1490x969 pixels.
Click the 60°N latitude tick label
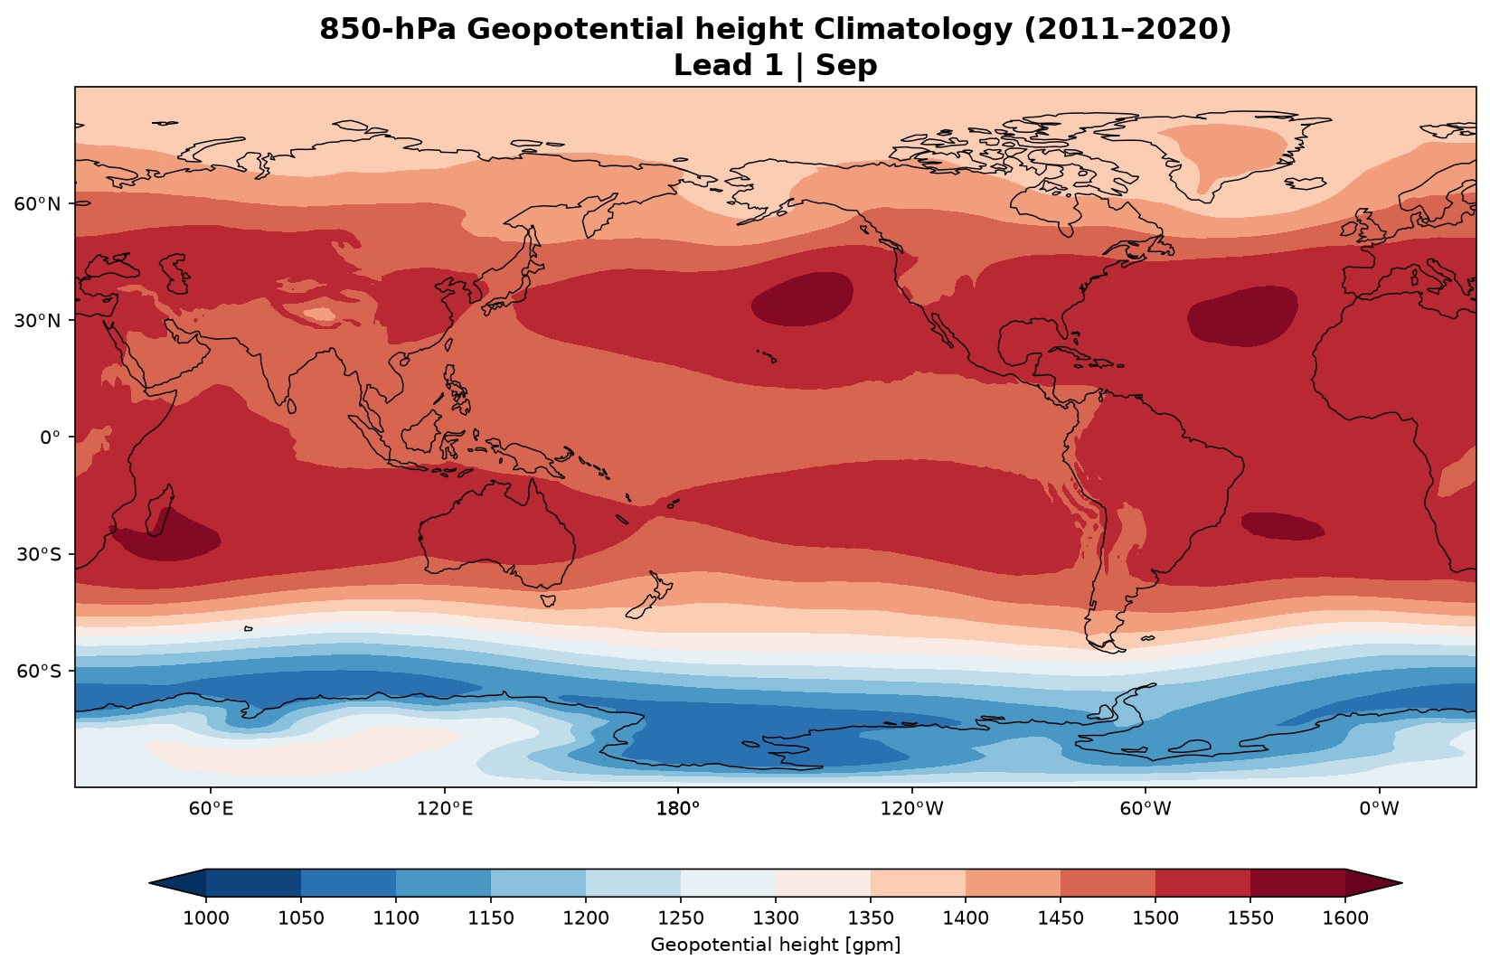click(36, 203)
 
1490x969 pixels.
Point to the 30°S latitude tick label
click(38, 555)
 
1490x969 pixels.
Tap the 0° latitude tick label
click(50, 437)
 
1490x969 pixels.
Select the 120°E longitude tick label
click(445, 809)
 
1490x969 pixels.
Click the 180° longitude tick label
click(678, 809)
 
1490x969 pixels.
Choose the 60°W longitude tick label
click(1145, 809)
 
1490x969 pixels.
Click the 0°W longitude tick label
click(1379, 809)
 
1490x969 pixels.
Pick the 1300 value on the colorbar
click(776, 918)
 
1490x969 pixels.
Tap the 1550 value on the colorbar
click(1250, 918)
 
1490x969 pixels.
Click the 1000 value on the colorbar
click(205, 918)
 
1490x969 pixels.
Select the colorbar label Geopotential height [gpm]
click(776, 945)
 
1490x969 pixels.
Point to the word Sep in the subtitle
click(847, 65)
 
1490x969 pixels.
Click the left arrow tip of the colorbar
click(150, 883)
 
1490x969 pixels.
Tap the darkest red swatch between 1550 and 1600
click(1297, 883)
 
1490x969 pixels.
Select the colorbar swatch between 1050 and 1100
click(348, 883)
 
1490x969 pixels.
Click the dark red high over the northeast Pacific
click(802, 299)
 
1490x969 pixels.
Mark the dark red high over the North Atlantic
click(1242, 316)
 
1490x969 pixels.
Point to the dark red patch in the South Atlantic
click(1283, 526)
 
